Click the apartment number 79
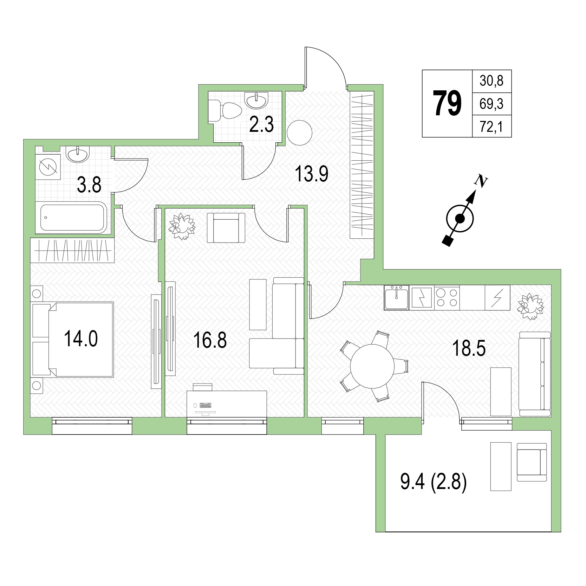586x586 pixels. click(447, 103)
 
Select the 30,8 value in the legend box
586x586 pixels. click(491, 81)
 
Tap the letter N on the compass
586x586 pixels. click(481, 181)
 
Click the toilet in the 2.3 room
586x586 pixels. click(225, 111)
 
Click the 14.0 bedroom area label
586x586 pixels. click(81, 339)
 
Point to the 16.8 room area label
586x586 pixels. click(210, 340)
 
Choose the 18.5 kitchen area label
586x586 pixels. click(469, 348)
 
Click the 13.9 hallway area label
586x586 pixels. click(312, 174)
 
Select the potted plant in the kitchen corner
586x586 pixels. click(530, 306)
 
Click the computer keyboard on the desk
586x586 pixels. click(206, 405)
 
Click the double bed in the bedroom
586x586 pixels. click(73, 339)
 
